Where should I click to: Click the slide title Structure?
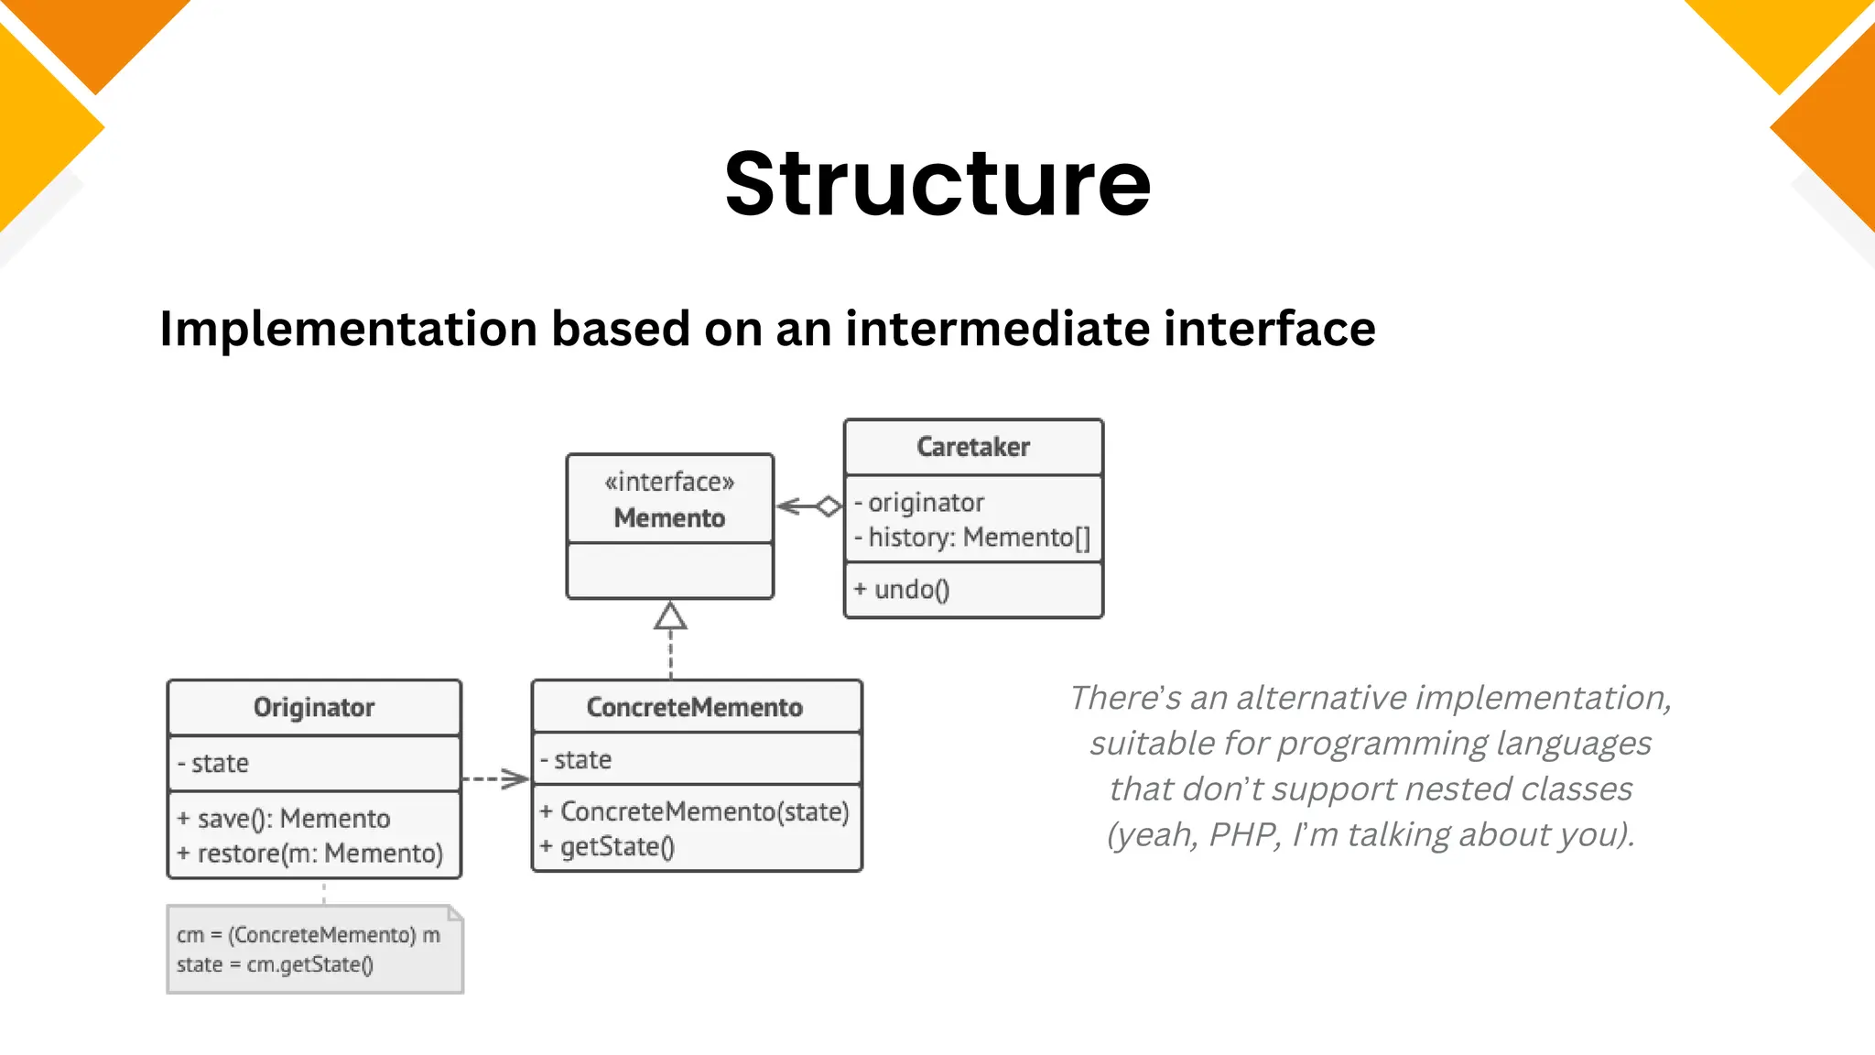click(937, 185)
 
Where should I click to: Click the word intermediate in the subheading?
click(996, 329)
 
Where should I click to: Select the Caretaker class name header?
click(973, 447)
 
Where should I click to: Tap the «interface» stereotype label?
click(669, 482)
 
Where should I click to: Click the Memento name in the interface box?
click(669, 518)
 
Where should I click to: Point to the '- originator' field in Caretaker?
click(919, 503)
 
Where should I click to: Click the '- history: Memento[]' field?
click(972, 538)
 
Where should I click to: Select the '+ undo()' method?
click(902, 590)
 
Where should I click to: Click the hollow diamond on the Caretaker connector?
click(829, 506)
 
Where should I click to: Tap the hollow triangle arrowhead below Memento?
click(670, 616)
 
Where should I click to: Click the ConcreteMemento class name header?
click(695, 707)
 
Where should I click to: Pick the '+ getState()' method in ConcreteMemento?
click(608, 847)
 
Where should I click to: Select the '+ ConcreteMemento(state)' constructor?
click(695, 812)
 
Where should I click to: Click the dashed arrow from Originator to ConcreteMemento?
click(495, 779)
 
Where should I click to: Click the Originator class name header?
click(314, 707)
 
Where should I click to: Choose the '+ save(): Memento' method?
click(284, 819)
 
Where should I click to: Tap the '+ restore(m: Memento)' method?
click(310, 854)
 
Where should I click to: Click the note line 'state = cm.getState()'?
click(275, 965)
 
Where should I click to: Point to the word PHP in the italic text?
click(1243, 835)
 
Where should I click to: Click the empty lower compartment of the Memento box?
click(669, 571)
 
